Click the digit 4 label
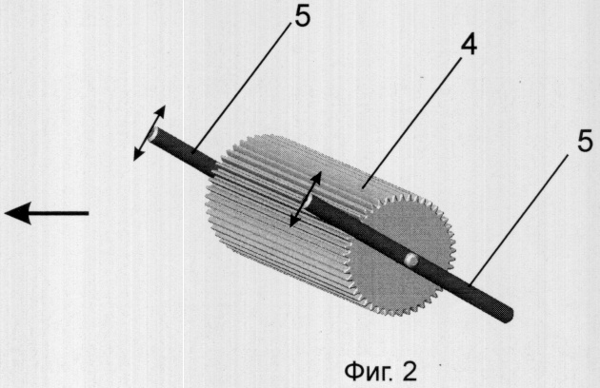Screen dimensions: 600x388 tap(469, 47)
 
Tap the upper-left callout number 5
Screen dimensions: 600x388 tap(303, 17)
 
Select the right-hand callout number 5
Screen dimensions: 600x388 tap(585, 142)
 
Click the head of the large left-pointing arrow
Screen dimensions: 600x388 tap(17, 213)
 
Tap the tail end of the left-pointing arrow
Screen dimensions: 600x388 tap(89, 213)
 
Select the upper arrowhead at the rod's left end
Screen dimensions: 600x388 tap(160, 112)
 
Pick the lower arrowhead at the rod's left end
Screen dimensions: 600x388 tap(138, 154)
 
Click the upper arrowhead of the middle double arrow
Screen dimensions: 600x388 tap(315, 179)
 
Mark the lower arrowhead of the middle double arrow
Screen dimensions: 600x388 tap(295, 221)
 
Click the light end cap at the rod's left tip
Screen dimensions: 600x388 tap(152, 134)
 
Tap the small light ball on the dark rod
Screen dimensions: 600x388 tap(411, 260)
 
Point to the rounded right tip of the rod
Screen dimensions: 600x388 tap(509, 316)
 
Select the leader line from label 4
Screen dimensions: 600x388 tap(410, 123)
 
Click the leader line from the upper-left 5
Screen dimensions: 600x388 tap(243, 89)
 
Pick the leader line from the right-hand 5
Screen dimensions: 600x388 tap(519, 221)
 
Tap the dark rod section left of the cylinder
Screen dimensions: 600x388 tap(184, 152)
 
